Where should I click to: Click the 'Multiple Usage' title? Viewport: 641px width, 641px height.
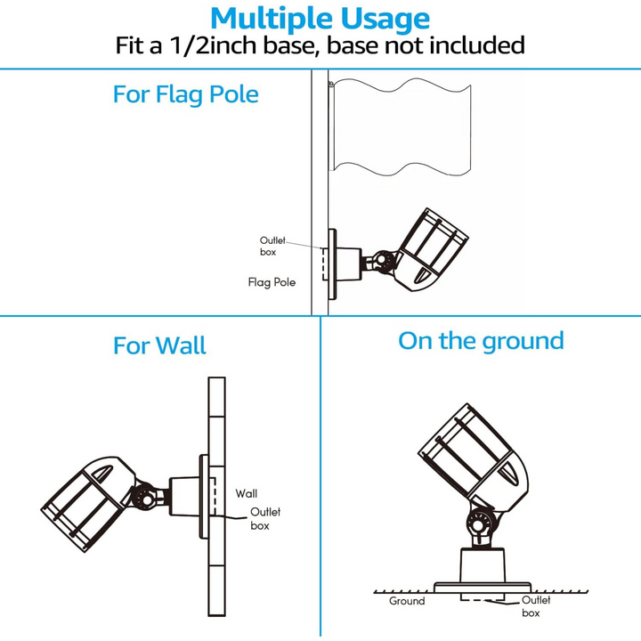tap(320, 18)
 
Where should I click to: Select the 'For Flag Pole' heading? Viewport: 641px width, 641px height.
tap(185, 93)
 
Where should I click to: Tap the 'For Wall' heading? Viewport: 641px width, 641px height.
tap(159, 345)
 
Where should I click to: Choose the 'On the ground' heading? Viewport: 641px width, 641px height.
tap(481, 341)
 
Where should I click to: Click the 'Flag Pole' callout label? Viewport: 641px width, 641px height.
tap(272, 282)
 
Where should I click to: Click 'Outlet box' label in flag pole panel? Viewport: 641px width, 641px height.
tap(273, 247)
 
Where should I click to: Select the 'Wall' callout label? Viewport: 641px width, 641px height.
tap(247, 493)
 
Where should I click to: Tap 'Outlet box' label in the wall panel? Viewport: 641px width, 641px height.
tap(265, 518)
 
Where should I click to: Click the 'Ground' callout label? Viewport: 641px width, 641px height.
tap(406, 601)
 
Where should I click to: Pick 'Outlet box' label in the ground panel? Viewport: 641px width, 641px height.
tap(535, 606)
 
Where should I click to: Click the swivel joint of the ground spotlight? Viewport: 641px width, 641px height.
tap(479, 525)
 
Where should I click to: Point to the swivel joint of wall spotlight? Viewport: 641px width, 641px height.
tap(143, 497)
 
